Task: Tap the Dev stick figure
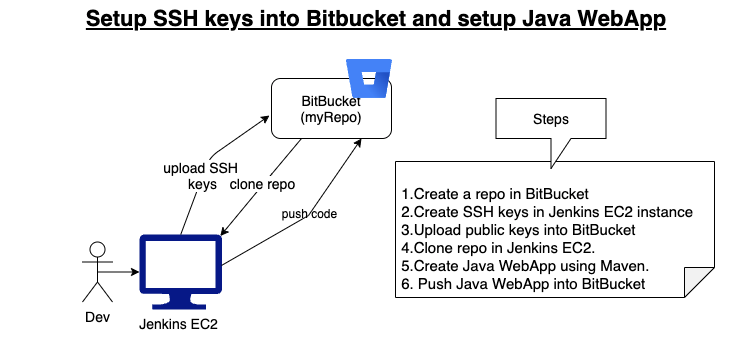pyautogui.click(x=97, y=271)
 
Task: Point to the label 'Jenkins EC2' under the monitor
pyautogui.click(x=178, y=325)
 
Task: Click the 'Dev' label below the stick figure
pyautogui.click(x=96, y=319)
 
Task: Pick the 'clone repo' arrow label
pyautogui.click(x=262, y=184)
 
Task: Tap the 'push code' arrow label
pyautogui.click(x=308, y=213)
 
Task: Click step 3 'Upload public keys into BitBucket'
pyautogui.click(x=506, y=230)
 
